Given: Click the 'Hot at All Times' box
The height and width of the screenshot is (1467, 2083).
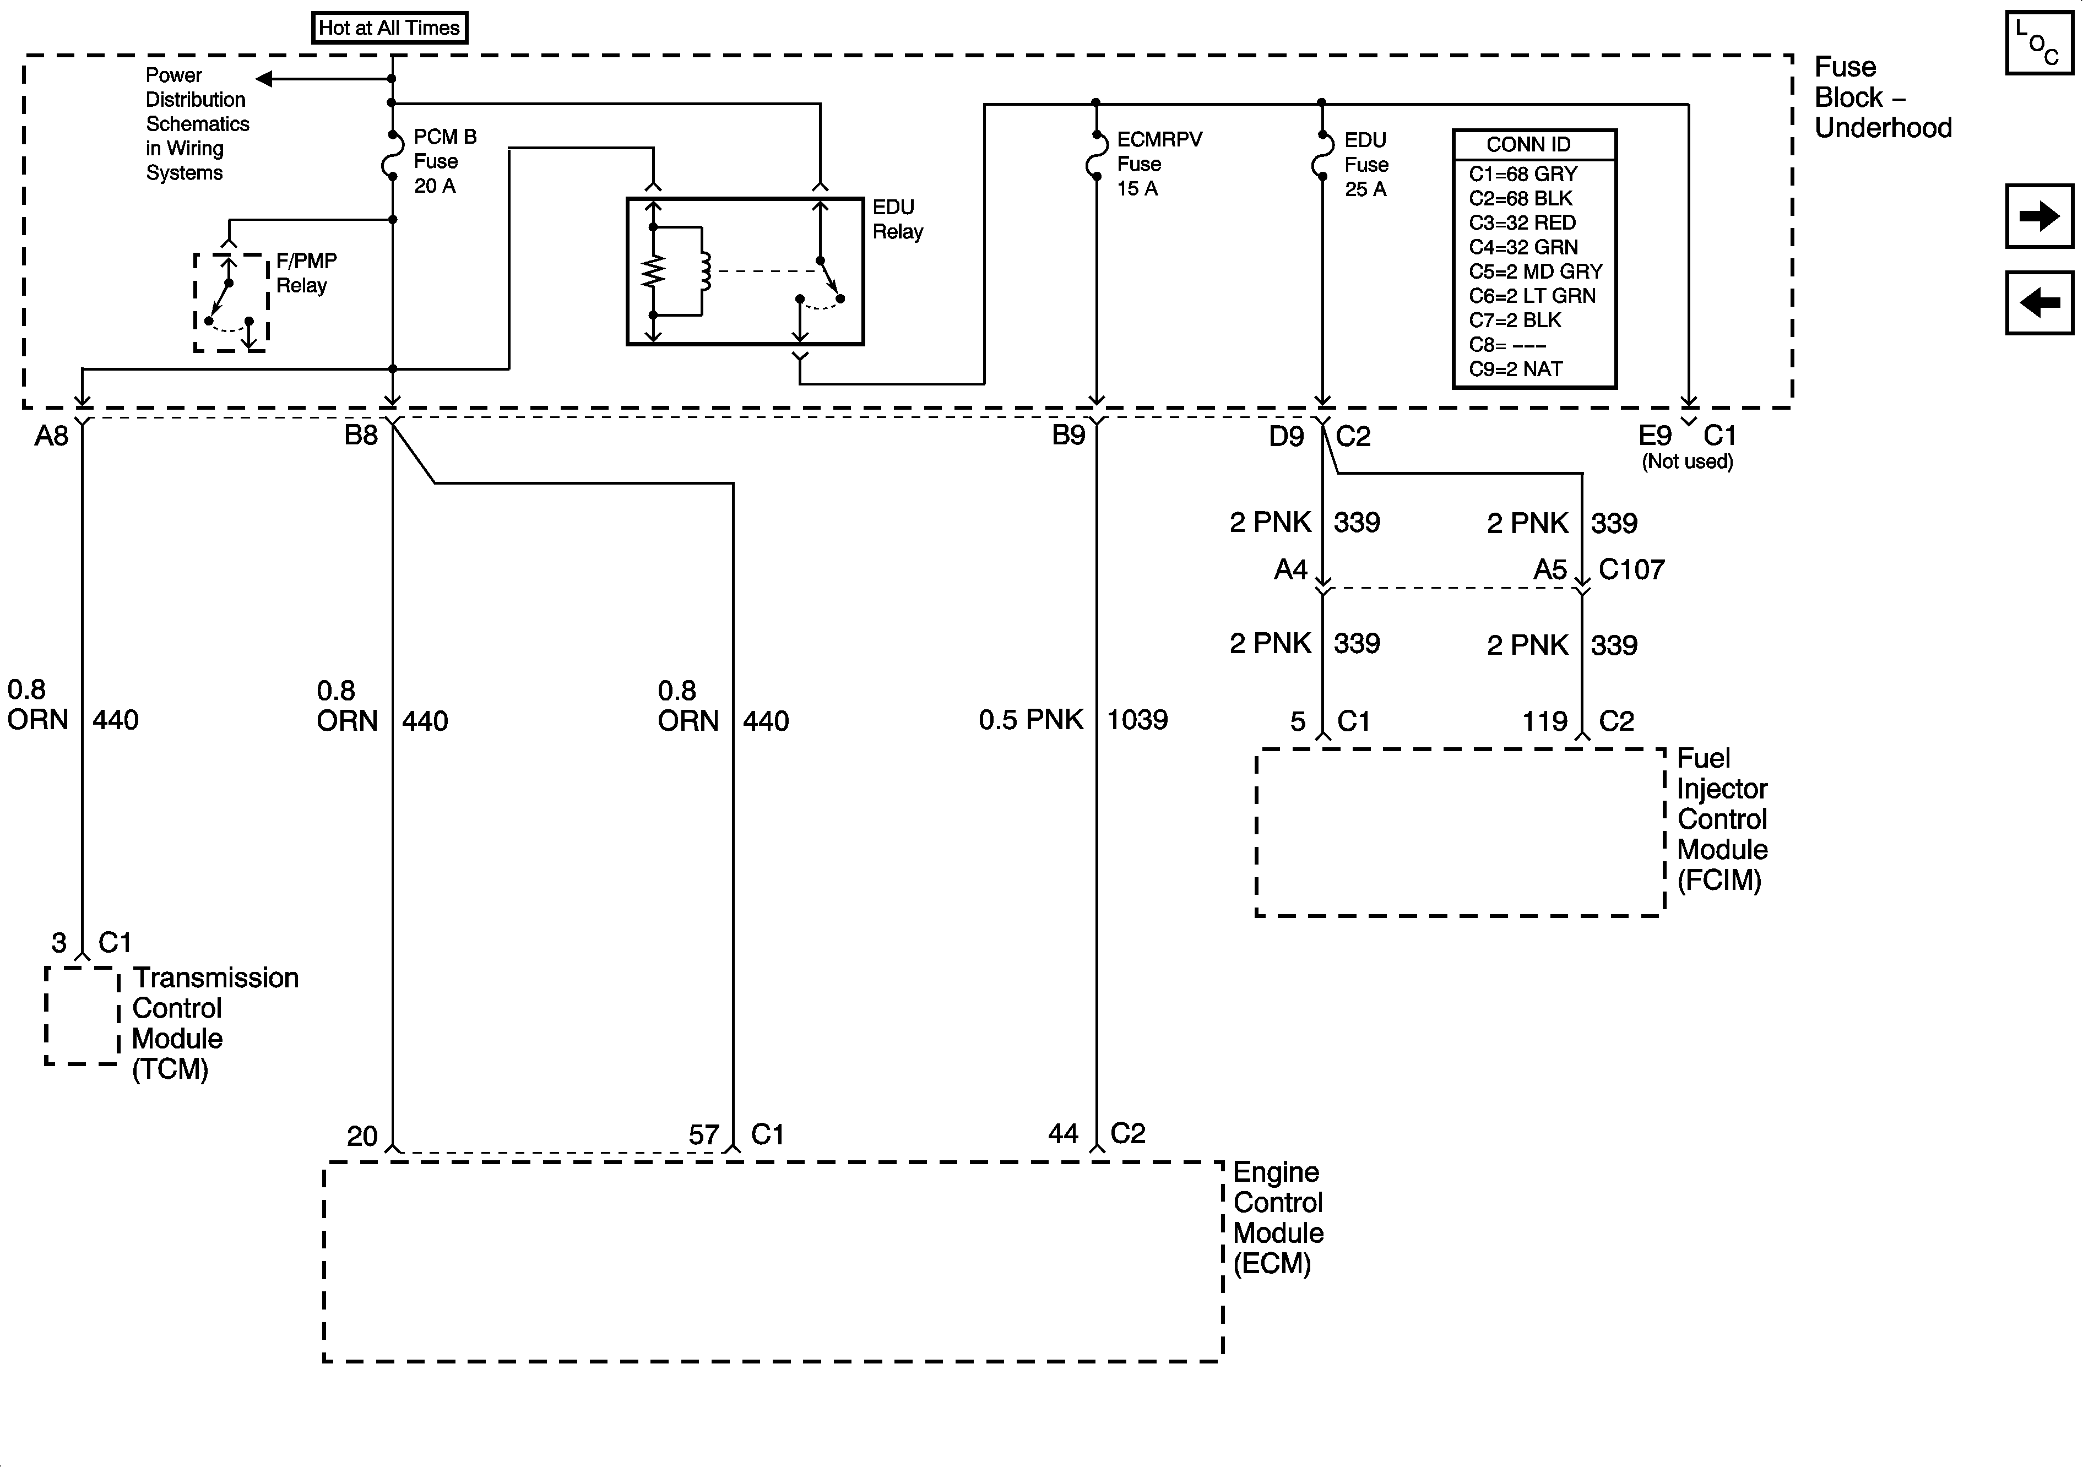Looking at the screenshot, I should point(389,27).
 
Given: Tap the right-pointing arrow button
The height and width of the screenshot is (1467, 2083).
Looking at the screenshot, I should point(2038,216).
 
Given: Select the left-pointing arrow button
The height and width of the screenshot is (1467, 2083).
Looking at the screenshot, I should point(2038,302).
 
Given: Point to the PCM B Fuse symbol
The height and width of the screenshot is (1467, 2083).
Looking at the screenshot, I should point(392,154).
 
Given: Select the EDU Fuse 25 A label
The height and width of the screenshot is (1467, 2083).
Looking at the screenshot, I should point(1365,164).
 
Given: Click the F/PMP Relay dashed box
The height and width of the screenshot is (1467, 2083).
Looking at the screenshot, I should point(230,302).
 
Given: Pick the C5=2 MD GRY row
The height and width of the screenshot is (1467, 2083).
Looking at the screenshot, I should point(1535,271).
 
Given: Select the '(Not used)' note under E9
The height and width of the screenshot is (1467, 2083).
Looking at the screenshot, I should point(1686,462).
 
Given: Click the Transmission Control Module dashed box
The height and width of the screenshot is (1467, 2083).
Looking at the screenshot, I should point(82,1015).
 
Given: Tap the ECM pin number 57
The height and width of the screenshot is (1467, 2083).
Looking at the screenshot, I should point(703,1135).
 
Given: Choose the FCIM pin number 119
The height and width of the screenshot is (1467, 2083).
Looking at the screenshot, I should point(1544,722).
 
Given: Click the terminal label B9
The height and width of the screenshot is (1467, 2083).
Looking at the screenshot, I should point(1068,436).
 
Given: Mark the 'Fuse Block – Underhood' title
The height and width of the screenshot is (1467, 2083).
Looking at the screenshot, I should point(1881,97).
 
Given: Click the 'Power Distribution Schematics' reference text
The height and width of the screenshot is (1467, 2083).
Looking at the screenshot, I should point(196,123).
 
